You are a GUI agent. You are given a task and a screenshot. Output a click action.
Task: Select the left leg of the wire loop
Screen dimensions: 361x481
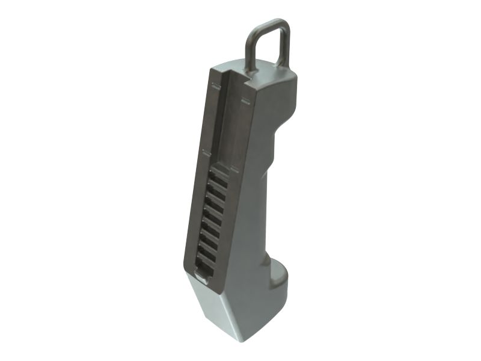click(249, 48)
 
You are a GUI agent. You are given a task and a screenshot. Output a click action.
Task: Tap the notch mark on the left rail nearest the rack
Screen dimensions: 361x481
click(204, 153)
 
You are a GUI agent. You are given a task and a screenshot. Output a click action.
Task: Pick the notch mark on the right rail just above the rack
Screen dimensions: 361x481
click(232, 166)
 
